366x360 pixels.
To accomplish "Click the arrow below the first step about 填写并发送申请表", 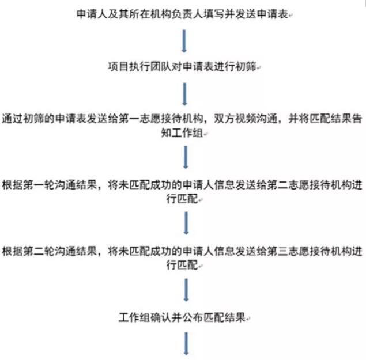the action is pos(184,41).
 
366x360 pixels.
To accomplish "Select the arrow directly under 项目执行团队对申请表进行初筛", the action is pos(184,94).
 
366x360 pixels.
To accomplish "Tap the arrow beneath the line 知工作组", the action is pos(186,157).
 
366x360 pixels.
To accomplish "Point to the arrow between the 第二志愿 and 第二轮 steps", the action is pos(186,223).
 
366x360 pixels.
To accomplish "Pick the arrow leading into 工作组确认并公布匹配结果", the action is pos(186,290).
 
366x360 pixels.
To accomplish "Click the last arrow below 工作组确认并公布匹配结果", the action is pos(186,344).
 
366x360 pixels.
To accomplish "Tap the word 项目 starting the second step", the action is pos(118,67).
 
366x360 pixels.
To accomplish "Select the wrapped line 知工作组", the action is pos(182,133).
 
